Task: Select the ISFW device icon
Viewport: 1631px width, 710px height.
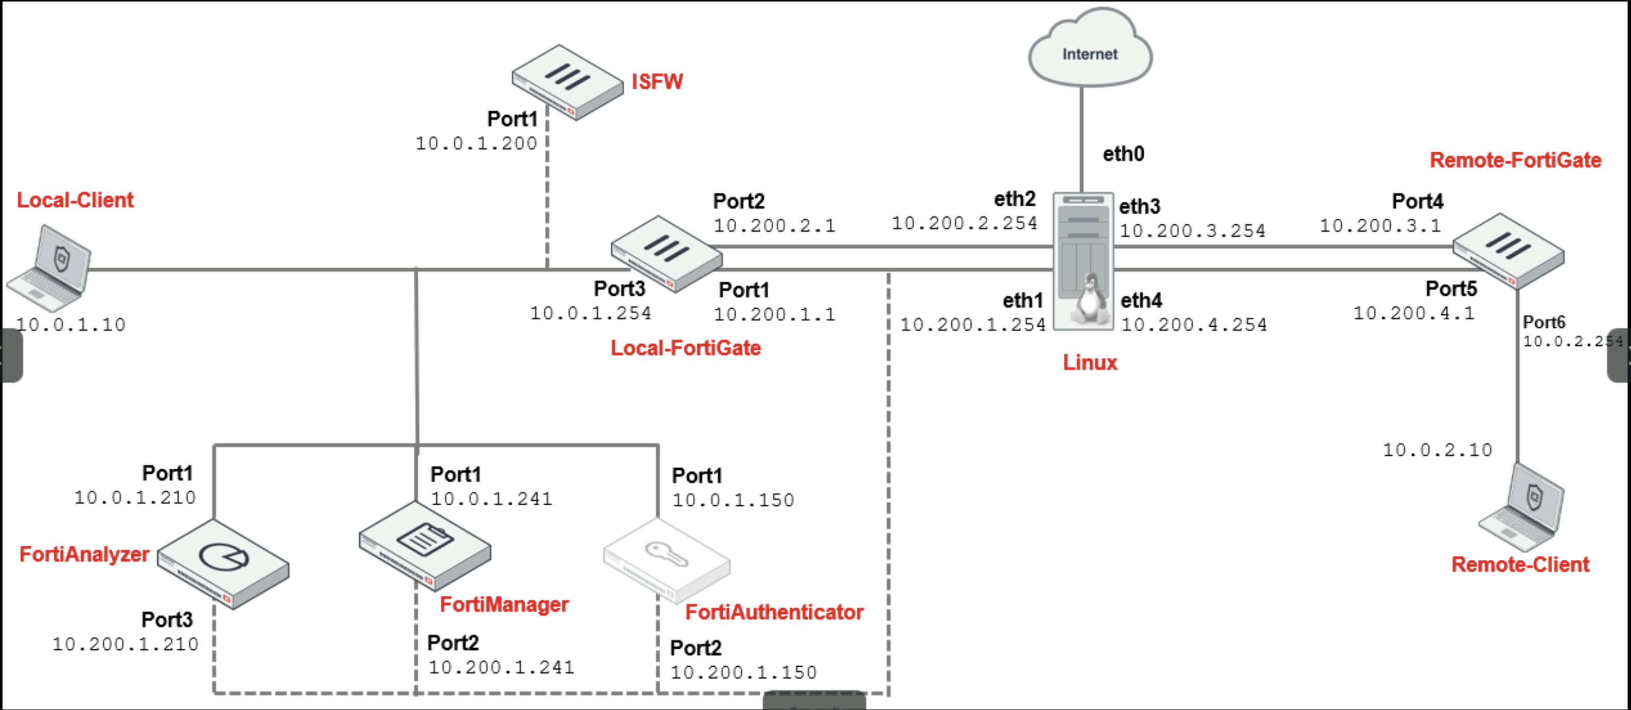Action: tap(568, 82)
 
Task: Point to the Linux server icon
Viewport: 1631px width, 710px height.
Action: tap(1083, 261)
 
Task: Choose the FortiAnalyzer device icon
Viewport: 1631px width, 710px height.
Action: tap(223, 564)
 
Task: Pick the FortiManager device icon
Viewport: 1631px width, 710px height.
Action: tap(424, 545)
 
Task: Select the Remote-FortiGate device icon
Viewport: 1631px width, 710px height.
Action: tap(1508, 250)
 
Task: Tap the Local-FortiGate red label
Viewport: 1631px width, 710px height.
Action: tap(685, 348)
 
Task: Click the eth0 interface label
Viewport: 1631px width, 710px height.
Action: tap(1123, 154)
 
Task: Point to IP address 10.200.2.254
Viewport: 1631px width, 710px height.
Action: tap(964, 223)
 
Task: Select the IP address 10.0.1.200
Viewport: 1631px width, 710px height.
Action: tap(476, 143)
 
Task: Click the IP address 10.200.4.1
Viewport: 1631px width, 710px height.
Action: tap(1413, 313)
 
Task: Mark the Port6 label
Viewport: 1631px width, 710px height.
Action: tap(1544, 323)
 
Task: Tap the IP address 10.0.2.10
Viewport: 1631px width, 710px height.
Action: tap(1437, 450)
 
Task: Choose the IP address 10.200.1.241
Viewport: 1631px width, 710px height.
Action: tap(501, 667)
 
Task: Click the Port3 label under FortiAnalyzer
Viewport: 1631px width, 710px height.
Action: tap(167, 619)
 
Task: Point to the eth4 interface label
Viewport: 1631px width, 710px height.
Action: tap(1141, 300)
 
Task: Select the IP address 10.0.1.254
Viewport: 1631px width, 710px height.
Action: tap(590, 313)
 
